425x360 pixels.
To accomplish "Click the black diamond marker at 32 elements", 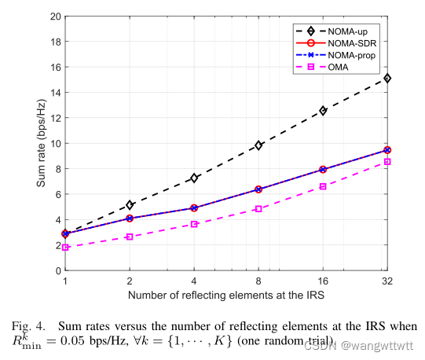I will (387, 79).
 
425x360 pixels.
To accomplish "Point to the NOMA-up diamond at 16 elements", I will (323, 111).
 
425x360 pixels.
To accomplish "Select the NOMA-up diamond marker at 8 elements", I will (258, 145).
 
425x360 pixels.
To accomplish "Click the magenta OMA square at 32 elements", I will (387, 162).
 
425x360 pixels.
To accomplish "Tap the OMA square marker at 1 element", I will (65, 248).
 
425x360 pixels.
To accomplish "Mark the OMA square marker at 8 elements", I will (258, 209).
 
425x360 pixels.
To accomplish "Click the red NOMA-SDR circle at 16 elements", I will (323, 170).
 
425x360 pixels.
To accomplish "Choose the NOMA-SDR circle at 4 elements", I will (194, 208).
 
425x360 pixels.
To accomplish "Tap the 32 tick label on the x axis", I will (387, 281).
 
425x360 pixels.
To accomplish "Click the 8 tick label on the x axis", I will (258, 281).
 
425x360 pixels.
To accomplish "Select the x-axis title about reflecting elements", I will (226, 295).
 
